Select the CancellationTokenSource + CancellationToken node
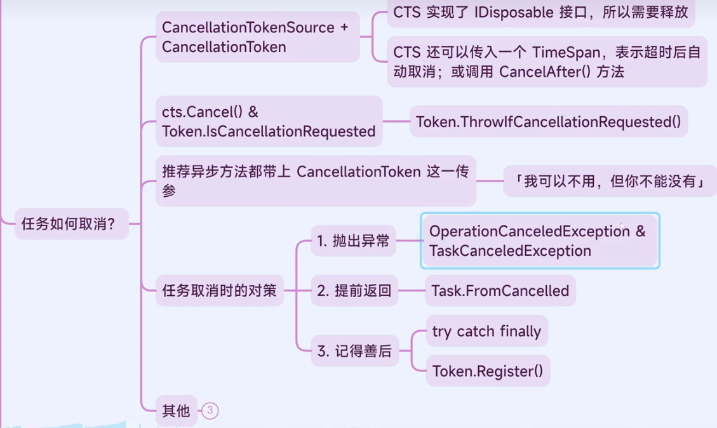(x=257, y=37)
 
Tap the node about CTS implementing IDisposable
(x=540, y=12)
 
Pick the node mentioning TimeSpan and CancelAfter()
(x=547, y=62)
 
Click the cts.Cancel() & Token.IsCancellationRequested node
(x=269, y=122)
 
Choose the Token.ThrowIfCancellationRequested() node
(x=548, y=122)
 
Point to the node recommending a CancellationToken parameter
(x=315, y=181)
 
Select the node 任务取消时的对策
(x=219, y=291)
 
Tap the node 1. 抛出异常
(x=353, y=241)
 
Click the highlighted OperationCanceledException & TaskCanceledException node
(x=539, y=241)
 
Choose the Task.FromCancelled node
(x=500, y=291)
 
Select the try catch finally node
(x=486, y=331)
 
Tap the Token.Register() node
(x=487, y=371)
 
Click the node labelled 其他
(x=176, y=411)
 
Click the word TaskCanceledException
(x=510, y=251)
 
